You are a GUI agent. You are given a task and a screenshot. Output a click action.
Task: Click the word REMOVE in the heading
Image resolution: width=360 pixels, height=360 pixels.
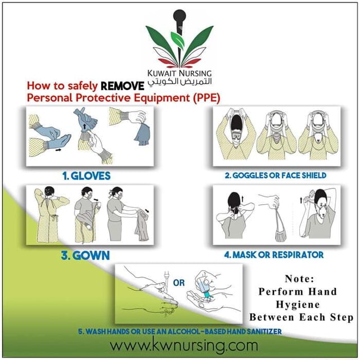(122, 87)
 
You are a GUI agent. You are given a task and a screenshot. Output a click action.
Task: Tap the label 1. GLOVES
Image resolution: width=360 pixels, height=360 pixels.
(86, 176)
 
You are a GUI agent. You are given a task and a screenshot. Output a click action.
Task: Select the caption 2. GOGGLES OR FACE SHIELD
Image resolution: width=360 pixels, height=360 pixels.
(275, 175)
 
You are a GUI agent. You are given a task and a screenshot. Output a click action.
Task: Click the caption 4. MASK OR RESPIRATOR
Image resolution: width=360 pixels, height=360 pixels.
(274, 255)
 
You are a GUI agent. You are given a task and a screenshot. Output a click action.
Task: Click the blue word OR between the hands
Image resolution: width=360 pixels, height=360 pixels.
(178, 283)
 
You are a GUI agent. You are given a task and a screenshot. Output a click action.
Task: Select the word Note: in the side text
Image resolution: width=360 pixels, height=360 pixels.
(300, 278)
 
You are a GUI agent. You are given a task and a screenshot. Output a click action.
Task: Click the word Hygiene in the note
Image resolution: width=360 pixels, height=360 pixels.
(301, 304)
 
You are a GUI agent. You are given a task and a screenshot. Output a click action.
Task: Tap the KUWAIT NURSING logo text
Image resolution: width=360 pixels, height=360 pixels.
(179, 73)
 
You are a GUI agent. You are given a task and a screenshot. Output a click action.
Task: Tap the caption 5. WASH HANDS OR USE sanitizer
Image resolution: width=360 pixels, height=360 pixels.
(180, 331)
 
